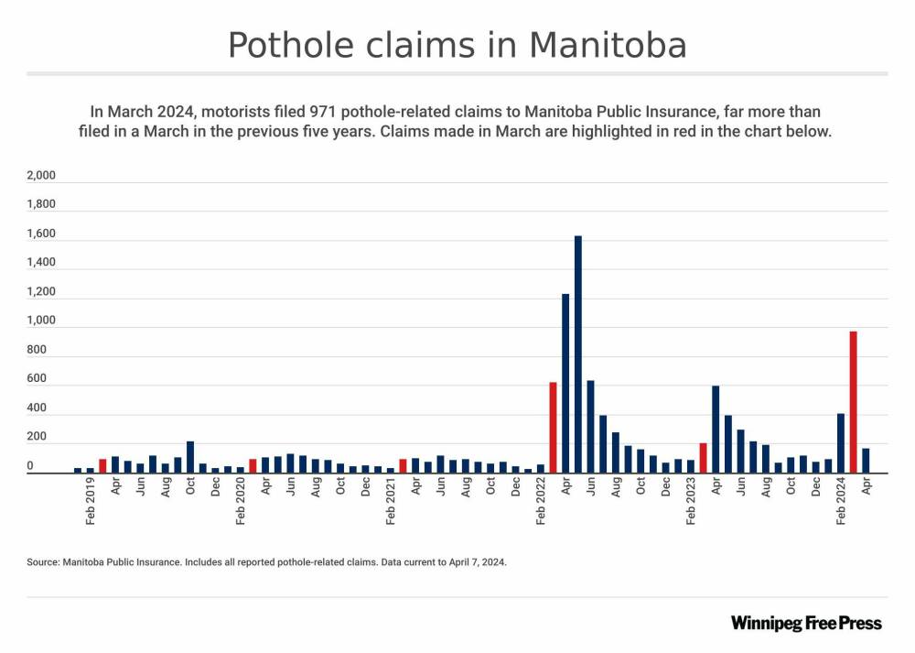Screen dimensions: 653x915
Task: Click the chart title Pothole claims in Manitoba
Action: [457, 44]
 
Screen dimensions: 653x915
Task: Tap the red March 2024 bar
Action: [853, 402]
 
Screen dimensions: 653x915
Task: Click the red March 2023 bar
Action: [703, 458]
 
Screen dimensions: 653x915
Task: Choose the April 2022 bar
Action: [565, 384]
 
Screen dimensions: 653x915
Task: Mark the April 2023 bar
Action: [716, 430]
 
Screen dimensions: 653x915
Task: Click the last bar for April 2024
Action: [866, 461]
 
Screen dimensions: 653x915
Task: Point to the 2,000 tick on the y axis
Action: [42, 175]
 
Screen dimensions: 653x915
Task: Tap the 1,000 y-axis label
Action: [42, 321]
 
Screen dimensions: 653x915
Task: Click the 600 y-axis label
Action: [37, 379]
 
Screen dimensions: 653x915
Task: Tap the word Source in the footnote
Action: [43, 562]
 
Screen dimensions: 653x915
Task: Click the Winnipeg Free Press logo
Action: [806, 623]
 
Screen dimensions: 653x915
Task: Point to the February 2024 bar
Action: [841, 443]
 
